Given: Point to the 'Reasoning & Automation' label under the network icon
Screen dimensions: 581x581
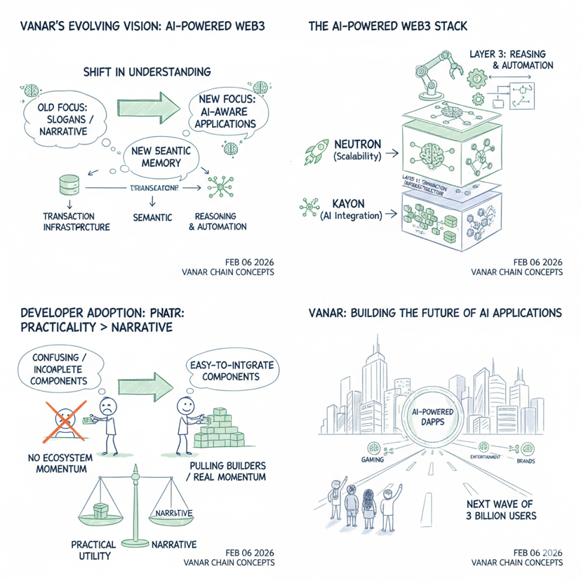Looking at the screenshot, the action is tap(221, 221).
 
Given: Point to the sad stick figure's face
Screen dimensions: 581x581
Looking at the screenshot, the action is tap(107, 408).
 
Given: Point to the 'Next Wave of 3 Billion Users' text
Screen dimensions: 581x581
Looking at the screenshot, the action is tap(501, 510).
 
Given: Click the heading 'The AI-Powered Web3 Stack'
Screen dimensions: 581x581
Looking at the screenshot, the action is tap(387, 27).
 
